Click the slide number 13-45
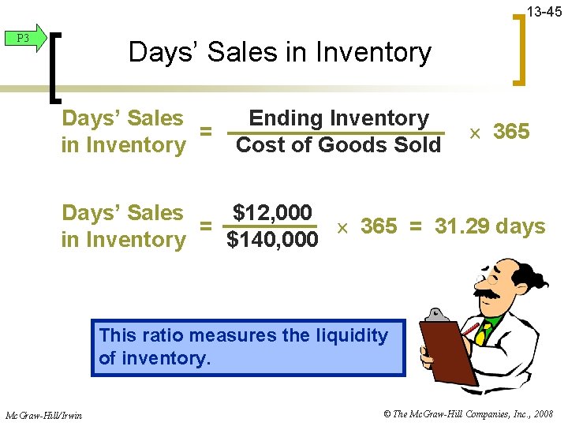[x=544, y=12]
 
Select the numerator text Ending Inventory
[x=338, y=118]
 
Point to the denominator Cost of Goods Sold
[x=338, y=145]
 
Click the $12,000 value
[x=272, y=212]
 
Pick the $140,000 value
[x=272, y=239]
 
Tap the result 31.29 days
[x=490, y=226]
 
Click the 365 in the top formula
[x=510, y=132]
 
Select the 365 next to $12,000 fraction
[x=379, y=226]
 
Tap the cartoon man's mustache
[x=487, y=293]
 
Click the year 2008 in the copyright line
[x=543, y=413]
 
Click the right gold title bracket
[x=520, y=51]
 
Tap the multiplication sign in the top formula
[x=474, y=133]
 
